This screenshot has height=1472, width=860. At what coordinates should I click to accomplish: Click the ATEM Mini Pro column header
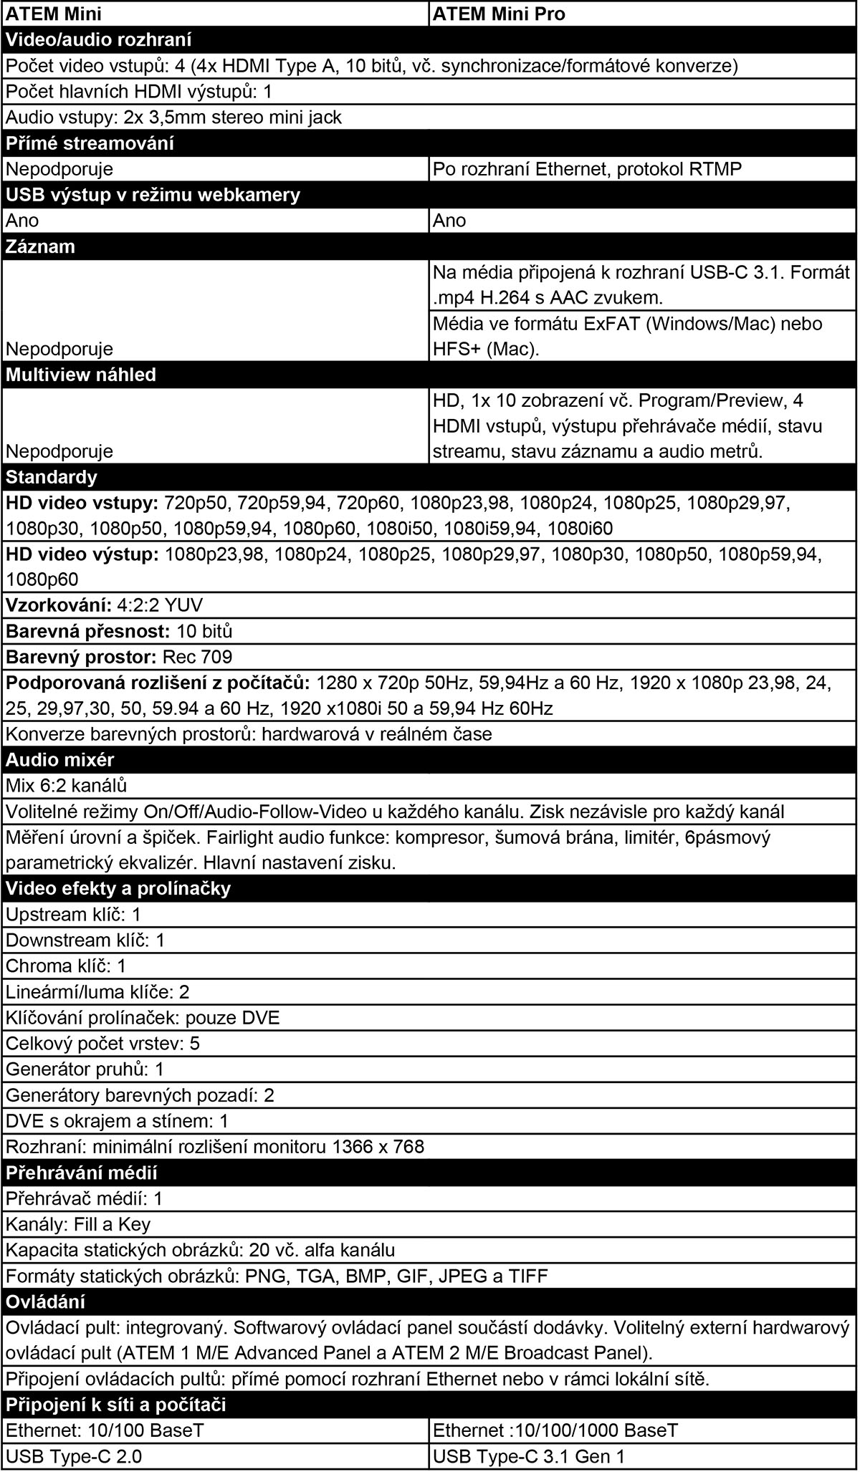pos(499,14)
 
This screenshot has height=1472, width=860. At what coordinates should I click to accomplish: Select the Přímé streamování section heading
pos(90,143)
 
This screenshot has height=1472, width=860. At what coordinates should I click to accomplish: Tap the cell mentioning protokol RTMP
pos(587,169)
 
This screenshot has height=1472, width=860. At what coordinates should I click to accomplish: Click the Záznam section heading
pos(40,246)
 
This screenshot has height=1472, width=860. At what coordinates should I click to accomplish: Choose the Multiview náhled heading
pos(80,375)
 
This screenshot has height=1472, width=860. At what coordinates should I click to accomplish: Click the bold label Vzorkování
pos(57,605)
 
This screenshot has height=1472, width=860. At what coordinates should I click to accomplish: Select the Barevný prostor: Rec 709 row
pos(119,657)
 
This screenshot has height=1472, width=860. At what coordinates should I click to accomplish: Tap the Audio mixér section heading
pos(59,760)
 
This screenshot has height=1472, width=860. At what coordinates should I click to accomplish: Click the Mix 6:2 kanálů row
pos(66,786)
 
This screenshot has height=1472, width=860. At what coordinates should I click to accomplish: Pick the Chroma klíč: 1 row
pos(66,966)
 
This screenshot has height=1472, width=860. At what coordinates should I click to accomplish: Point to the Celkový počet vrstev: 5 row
pos(102,1044)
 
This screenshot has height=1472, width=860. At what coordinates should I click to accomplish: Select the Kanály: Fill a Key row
pos(78,1224)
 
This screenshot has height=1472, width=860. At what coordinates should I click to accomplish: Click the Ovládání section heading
pos(45,1302)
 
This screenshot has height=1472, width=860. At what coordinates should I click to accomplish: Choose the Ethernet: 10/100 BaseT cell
pos(105,1430)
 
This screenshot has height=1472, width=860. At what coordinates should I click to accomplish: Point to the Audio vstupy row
pos(173,117)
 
